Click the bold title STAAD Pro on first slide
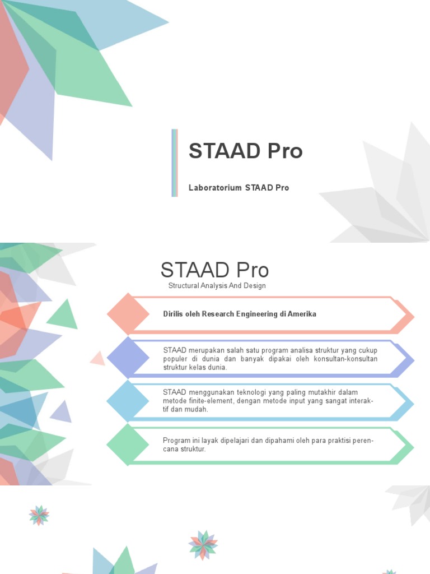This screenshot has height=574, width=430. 246,151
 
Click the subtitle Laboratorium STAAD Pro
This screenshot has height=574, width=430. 239,188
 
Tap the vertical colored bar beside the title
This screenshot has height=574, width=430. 175,163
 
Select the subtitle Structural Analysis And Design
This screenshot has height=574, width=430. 217,286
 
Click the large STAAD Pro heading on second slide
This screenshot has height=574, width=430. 214,270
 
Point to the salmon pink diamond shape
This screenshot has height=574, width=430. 128,314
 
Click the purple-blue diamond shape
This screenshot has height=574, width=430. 128,358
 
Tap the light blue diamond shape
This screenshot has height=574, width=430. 128,401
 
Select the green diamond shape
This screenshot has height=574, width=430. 128,445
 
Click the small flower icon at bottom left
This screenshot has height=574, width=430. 39,515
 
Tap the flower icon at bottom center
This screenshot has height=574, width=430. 203,545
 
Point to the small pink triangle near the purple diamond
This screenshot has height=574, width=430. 99,358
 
